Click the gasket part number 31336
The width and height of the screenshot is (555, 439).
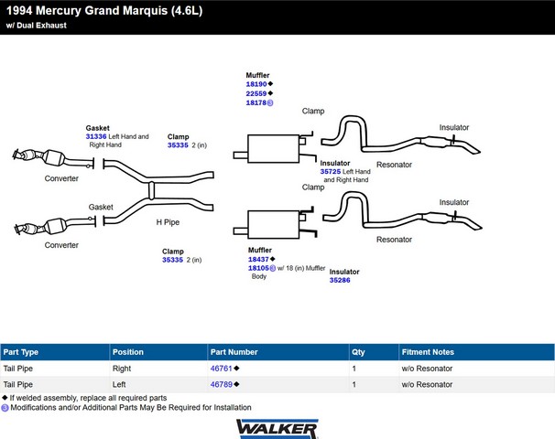[x=96, y=136]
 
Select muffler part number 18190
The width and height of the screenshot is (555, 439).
[x=256, y=84]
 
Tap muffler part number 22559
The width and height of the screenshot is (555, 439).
[x=256, y=93]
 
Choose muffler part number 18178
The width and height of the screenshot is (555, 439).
[x=256, y=102]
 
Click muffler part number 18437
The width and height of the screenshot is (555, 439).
[x=258, y=259]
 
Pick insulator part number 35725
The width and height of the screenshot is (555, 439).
[x=331, y=171]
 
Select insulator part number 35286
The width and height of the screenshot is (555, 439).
[x=340, y=280]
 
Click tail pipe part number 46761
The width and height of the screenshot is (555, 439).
[x=222, y=369]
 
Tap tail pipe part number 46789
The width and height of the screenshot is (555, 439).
[x=222, y=384]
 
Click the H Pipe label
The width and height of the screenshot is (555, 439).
[x=168, y=222]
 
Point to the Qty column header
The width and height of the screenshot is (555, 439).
[x=358, y=352]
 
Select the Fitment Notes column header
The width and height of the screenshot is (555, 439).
[x=428, y=352]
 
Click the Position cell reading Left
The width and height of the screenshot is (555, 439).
[x=119, y=384]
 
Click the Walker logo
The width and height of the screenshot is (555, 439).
[x=277, y=429]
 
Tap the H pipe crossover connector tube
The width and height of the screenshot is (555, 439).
[x=151, y=190]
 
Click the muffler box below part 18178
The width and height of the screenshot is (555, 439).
[x=274, y=149]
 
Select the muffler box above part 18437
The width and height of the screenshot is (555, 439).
[x=274, y=225]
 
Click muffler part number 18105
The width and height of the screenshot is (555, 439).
[x=258, y=268]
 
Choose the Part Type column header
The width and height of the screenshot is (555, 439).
[x=20, y=352]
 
